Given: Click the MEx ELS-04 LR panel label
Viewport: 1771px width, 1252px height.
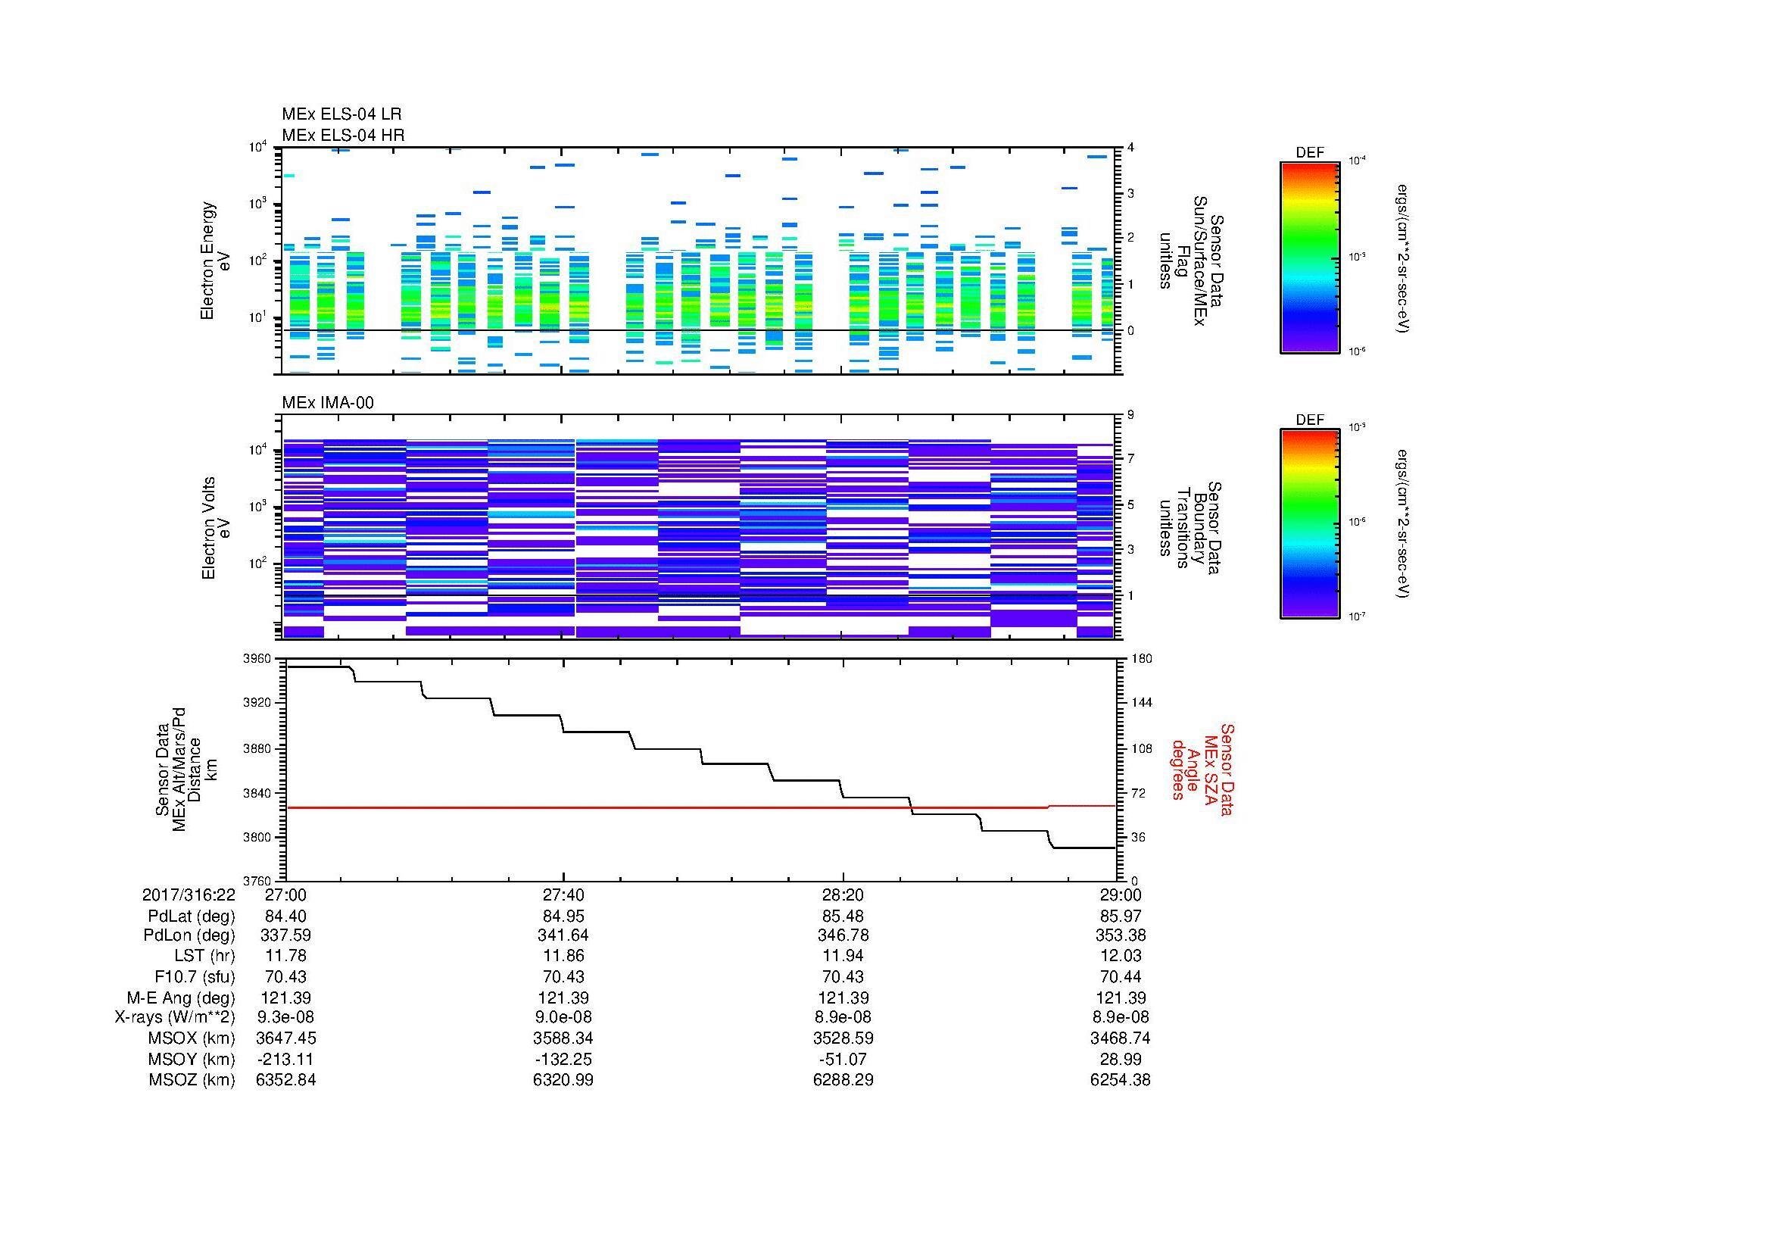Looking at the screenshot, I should (x=341, y=114).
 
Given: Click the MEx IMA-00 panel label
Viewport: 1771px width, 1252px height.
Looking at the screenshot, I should (x=328, y=403).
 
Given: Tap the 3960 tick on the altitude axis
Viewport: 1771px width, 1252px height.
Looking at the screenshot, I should (x=257, y=659).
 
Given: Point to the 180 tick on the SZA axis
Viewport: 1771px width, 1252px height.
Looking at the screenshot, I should (x=1141, y=659).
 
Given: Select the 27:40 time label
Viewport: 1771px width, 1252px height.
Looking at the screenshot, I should (x=563, y=895).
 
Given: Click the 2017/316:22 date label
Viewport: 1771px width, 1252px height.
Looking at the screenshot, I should (x=189, y=895).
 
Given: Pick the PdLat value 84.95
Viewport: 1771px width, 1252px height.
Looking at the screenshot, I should (x=563, y=916).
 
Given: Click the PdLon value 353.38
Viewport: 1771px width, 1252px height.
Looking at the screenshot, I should (x=1120, y=935).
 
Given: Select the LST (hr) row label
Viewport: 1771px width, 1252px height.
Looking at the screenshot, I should (x=204, y=956).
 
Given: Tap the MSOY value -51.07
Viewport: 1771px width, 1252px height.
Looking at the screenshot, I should (x=843, y=1059).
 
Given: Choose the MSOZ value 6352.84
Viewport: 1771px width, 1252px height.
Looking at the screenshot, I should (x=285, y=1080).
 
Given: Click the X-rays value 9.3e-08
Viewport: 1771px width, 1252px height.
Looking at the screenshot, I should (x=285, y=1017).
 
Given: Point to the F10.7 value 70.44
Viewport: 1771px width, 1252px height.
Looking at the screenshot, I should (x=1120, y=976).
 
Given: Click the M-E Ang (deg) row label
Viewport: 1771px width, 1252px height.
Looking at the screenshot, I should (x=181, y=998).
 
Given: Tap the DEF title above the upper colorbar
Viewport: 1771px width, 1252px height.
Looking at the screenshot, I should (x=1309, y=153).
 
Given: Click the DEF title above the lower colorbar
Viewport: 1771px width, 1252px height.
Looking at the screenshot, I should (x=1309, y=420).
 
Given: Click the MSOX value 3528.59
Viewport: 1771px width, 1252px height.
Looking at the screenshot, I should (x=843, y=1038).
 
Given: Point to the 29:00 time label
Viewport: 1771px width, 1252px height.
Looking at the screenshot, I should (x=1120, y=895).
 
